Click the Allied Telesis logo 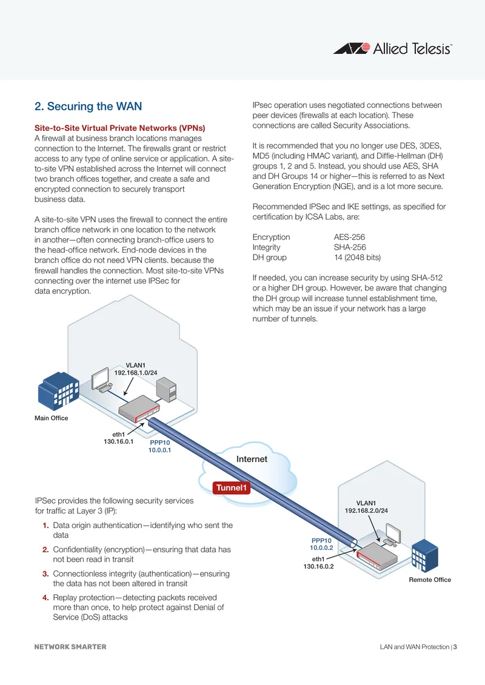[x=393, y=48]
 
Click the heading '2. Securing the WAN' [x=89, y=107]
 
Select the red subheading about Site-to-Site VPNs [x=119, y=128]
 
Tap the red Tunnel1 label [x=232, y=487]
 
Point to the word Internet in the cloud [x=252, y=459]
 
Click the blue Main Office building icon [x=58, y=391]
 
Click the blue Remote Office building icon [x=425, y=556]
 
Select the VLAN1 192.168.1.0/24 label [x=135, y=369]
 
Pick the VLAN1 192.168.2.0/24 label [x=366, y=507]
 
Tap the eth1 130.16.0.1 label [x=118, y=438]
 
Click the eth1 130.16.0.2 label [x=318, y=563]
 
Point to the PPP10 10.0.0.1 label [x=159, y=447]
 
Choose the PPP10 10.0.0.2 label [x=321, y=544]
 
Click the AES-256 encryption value [x=350, y=237]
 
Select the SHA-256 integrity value [x=350, y=247]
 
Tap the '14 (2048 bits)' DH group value [x=358, y=258]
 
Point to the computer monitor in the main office [x=100, y=379]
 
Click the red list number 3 [x=45, y=573]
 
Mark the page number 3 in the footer [x=455, y=647]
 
